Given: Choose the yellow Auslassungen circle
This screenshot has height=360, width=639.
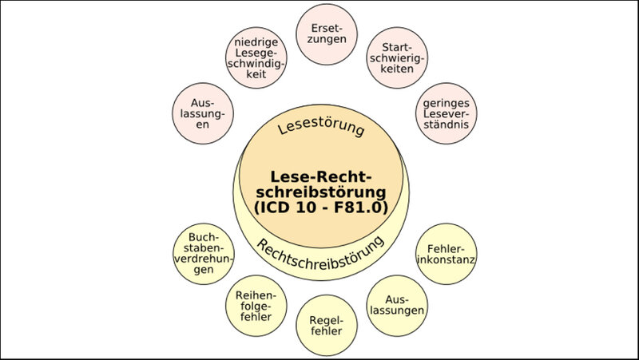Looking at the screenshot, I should [x=395, y=304].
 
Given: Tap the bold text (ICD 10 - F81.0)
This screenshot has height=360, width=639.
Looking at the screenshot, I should [x=319, y=208].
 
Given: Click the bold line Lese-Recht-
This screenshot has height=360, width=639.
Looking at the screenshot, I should [x=319, y=176].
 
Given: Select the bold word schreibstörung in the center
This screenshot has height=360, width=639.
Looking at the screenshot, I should [x=319, y=192].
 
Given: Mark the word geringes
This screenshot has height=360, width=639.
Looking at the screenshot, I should [x=447, y=102].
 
